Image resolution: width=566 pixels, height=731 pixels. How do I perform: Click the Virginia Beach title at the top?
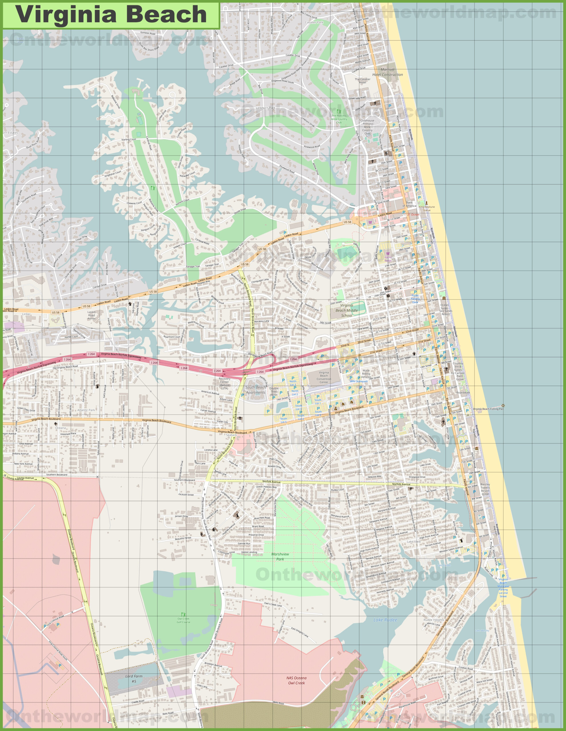point(111,15)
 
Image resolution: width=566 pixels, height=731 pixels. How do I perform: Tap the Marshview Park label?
point(280,557)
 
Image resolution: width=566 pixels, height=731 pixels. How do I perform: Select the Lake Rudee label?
point(385,620)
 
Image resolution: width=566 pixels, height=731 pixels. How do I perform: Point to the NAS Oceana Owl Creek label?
point(296,680)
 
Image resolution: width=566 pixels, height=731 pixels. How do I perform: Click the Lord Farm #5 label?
point(134,679)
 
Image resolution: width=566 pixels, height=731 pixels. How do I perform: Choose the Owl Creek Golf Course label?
point(183,620)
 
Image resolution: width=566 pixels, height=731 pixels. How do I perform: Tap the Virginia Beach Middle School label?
point(346,310)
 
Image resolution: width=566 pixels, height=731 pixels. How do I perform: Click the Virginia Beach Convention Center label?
point(324,377)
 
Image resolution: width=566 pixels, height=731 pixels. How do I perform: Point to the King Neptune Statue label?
point(427,208)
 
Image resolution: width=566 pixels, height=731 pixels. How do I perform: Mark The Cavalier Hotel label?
point(362,81)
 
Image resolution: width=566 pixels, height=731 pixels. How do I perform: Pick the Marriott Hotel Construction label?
point(387,72)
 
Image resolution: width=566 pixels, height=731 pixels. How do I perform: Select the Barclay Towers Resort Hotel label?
point(485,489)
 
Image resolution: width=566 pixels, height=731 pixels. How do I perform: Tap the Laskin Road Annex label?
point(91,315)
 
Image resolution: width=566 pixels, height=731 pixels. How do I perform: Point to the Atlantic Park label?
point(86,410)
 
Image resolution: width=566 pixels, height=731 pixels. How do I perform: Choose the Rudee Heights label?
point(434,620)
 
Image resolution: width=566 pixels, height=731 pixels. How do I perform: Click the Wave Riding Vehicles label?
point(366,373)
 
